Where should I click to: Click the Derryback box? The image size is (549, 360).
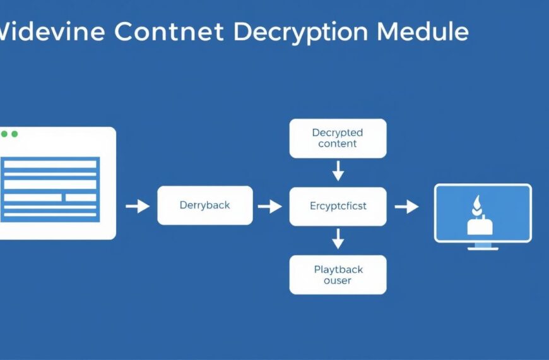[204, 205]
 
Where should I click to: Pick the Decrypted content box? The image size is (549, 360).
[338, 138]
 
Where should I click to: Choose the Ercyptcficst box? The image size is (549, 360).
[338, 206]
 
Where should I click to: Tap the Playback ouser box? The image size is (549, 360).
[338, 275]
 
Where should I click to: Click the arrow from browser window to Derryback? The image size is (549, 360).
[138, 206]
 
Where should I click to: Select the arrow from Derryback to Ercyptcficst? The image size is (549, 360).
[270, 206]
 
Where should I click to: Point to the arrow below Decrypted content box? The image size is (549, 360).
[338, 171]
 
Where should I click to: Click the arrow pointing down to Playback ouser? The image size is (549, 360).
[338, 238]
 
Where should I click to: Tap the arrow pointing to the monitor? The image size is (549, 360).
[407, 206]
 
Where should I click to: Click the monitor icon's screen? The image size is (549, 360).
[483, 213]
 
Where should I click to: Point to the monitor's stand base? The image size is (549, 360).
[483, 248]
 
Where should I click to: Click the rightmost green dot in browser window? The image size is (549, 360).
[15, 134]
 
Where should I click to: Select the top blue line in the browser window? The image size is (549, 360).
[50, 164]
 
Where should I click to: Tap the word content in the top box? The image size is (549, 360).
[338, 144]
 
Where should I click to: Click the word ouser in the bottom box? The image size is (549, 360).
[338, 280]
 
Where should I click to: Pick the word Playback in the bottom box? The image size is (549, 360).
[338, 270]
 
